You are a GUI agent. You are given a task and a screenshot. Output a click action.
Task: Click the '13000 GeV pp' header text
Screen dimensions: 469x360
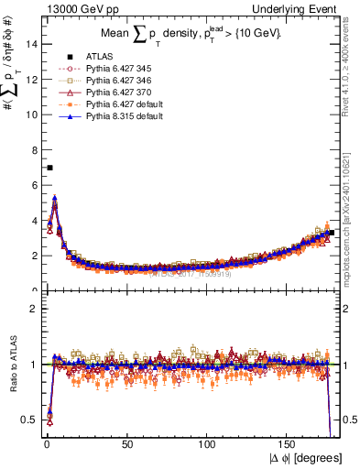coord(74,8)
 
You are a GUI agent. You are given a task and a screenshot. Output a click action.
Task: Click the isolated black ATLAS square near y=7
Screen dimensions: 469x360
coord(49,168)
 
